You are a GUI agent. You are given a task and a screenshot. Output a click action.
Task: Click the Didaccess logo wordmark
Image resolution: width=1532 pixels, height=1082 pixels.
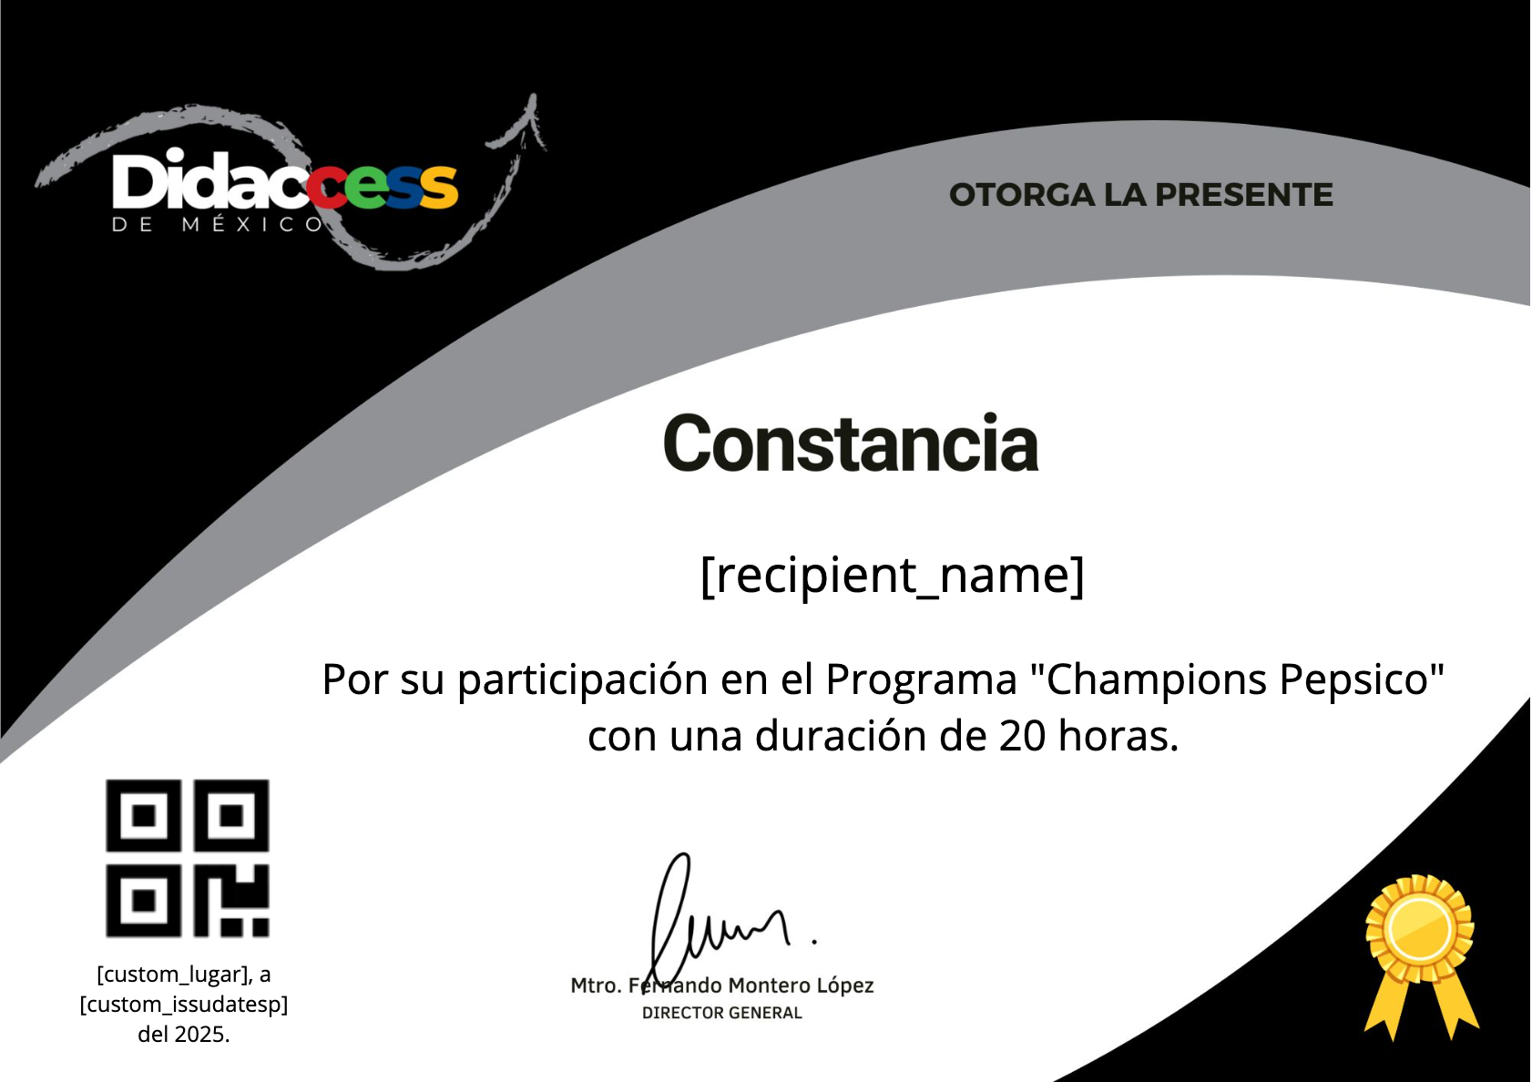tap(284, 180)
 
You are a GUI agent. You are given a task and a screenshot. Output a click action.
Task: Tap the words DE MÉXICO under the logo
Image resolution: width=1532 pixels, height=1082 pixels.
tap(217, 225)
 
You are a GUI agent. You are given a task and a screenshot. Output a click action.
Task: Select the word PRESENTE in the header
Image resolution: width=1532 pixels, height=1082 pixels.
tap(1244, 195)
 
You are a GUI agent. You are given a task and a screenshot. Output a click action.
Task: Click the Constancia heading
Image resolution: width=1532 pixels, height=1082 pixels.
tap(851, 444)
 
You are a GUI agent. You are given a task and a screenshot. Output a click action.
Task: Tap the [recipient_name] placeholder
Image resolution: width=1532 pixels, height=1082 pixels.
tap(893, 576)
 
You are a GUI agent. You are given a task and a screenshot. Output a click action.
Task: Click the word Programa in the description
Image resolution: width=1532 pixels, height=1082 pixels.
tap(921, 680)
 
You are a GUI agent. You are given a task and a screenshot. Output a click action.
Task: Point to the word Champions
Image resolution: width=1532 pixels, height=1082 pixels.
tap(1157, 680)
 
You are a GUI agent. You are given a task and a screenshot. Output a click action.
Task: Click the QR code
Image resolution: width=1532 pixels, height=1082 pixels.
tap(188, 858)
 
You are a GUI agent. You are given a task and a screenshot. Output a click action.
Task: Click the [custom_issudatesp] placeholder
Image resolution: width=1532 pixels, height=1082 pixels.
tap(184, 1005)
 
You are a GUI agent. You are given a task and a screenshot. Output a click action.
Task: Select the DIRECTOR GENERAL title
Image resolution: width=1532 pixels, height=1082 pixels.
tap(721, 1013)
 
